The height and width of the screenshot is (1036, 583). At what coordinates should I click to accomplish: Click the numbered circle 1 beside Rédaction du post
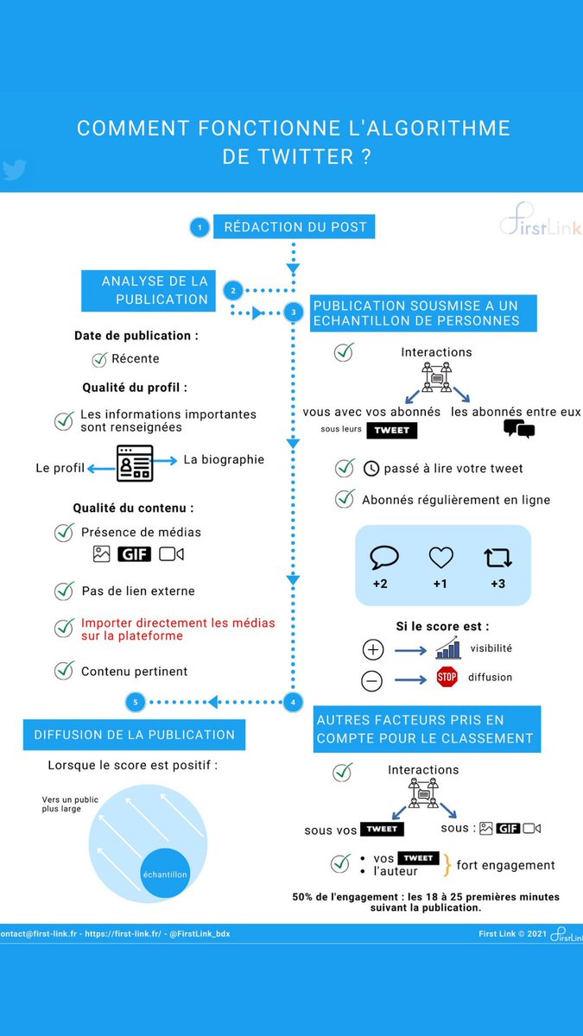[200, 228]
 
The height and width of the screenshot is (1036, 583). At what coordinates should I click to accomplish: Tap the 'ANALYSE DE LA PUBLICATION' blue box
[148, 290]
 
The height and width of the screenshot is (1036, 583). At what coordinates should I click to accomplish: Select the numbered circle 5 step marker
[135, 702]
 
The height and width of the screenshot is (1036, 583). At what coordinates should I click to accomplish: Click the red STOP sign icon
[447, 677]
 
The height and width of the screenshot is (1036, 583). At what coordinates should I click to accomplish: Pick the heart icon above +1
[440, 558]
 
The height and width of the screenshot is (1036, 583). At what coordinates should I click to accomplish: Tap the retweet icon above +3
[498, 558]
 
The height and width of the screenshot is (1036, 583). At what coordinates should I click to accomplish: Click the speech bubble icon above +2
[383, 558]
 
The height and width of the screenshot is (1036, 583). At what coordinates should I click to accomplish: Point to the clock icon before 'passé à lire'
[371, 469]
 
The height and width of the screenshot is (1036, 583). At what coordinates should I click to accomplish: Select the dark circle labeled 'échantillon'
[165, 873]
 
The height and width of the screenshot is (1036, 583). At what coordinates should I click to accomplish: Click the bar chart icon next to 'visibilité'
[447, 648]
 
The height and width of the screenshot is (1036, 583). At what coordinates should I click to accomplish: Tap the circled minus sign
[371, 680]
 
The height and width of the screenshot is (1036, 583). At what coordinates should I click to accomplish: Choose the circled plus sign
[372, 650]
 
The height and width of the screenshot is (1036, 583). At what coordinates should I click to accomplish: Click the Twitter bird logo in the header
[13, 169]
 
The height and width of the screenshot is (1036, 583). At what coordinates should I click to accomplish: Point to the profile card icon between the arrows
[135, 464]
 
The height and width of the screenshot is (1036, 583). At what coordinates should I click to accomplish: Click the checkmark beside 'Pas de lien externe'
[64, 591]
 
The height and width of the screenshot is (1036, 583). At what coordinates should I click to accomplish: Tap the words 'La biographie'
[224, 459]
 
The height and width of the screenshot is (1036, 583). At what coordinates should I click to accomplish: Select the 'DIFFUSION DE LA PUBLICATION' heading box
[134, 735]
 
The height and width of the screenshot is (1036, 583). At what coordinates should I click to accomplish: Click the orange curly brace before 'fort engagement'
[447, 864]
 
